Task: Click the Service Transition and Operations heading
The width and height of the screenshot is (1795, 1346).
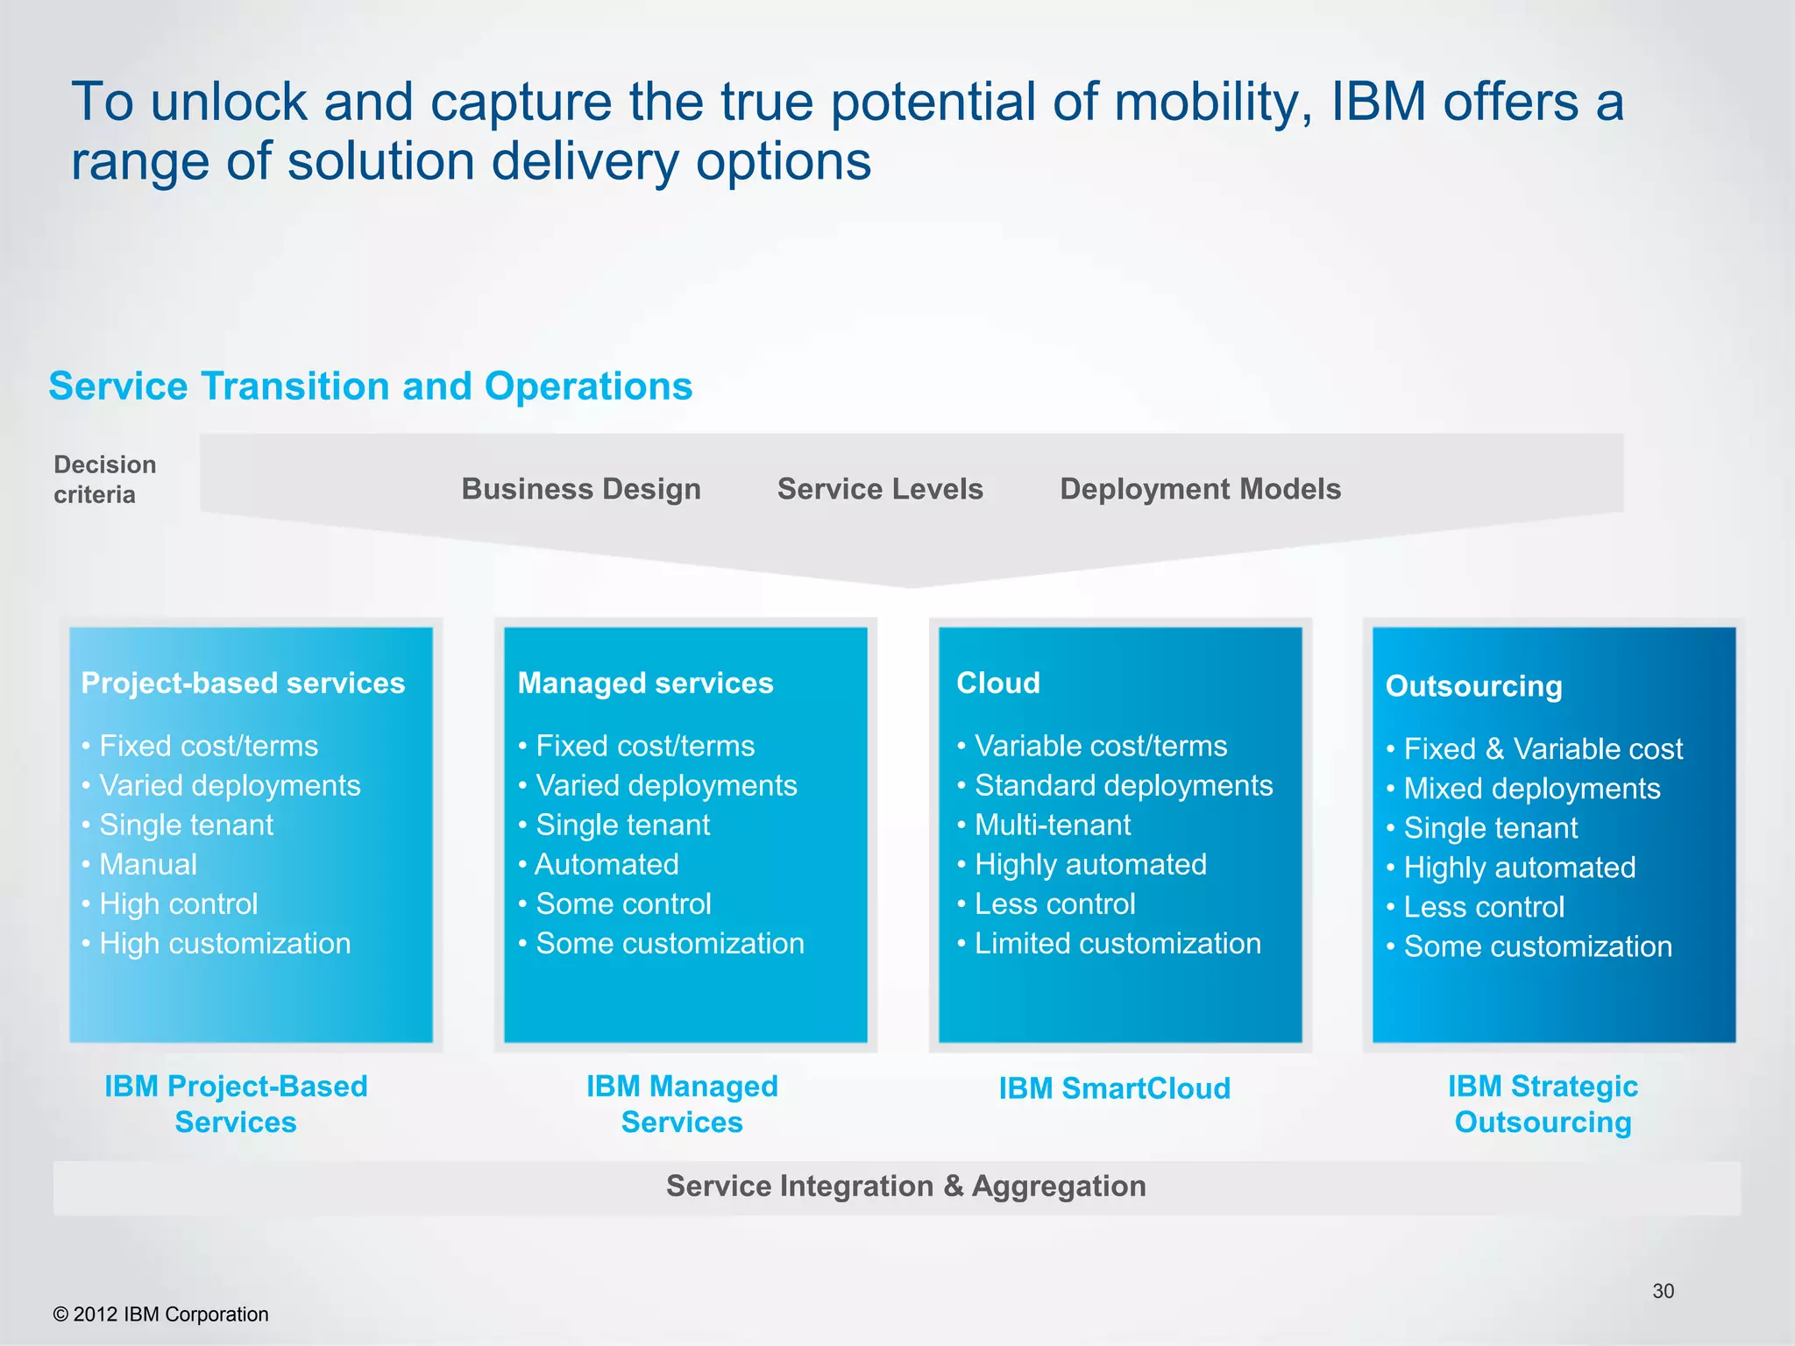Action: pos(370,386)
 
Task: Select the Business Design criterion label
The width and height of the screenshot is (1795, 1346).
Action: pos(581,489)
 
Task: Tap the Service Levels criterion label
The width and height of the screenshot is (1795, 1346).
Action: pos(880,489)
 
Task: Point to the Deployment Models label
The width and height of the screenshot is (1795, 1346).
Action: pos(1200,489)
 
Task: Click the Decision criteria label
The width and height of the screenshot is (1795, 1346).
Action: pos(104,479)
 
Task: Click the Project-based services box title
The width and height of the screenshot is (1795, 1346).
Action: pos(243,683)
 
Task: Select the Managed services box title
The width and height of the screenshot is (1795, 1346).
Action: pos(645,683)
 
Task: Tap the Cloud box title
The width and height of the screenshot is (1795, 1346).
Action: pos(997,683)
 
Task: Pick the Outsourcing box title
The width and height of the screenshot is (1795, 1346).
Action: pos(1473,686)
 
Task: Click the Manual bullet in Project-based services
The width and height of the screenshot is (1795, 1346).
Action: pos(147,864)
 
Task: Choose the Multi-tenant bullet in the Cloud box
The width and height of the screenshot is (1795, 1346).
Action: pos(1052,825)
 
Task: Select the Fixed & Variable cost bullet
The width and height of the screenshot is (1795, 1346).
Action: pos(1542,749)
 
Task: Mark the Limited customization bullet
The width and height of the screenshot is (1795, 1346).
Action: pos(1117,944)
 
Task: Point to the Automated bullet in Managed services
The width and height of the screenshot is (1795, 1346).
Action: pos(607,864)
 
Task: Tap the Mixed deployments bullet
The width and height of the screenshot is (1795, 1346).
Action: pos(1531,789)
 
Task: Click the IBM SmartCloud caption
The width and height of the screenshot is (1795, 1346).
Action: pos(1114,1088)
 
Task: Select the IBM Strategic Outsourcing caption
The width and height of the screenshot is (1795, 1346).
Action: pos(1543,1104)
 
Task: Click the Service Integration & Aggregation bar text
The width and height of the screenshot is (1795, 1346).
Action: pos(905,1187)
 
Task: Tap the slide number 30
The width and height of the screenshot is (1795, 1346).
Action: pos(1663,1291)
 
